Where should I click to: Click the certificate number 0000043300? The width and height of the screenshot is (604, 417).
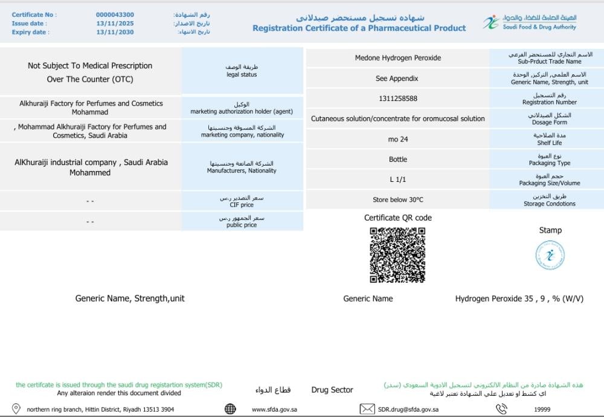click(x=115, y=15)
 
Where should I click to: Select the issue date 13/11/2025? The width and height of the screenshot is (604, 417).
click(x=115, y=24)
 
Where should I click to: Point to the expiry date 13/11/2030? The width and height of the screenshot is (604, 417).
click(x=115, y=32)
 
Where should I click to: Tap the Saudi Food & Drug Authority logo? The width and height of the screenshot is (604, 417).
click(x=530, y=23)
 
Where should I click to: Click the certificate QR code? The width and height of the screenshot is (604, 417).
click(x=397, y=255)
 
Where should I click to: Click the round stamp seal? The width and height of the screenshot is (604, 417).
click(x=550, y=256)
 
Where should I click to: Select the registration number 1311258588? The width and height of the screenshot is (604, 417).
click(x=397, y=99)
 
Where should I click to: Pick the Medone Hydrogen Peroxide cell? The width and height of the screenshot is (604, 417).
click(x=397, y=58)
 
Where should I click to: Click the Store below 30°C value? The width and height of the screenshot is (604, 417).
click(x=397, y=199)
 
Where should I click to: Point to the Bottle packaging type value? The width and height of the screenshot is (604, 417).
click(x=397, y=160)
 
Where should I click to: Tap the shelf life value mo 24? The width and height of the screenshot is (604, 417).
click(x=397, y=140)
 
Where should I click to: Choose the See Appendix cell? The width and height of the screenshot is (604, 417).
click(x=397, y=79)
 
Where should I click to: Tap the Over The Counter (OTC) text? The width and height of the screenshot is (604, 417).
click(x=90, y=79)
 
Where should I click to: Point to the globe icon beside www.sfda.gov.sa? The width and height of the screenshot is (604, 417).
click(x=230, y=409)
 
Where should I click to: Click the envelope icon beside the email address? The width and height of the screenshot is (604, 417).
click(x=367, y=409)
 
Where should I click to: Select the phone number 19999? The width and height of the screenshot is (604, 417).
click(x=542, y=410)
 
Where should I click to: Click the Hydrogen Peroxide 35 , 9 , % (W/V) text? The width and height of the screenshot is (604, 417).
click(x=519, y=299)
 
